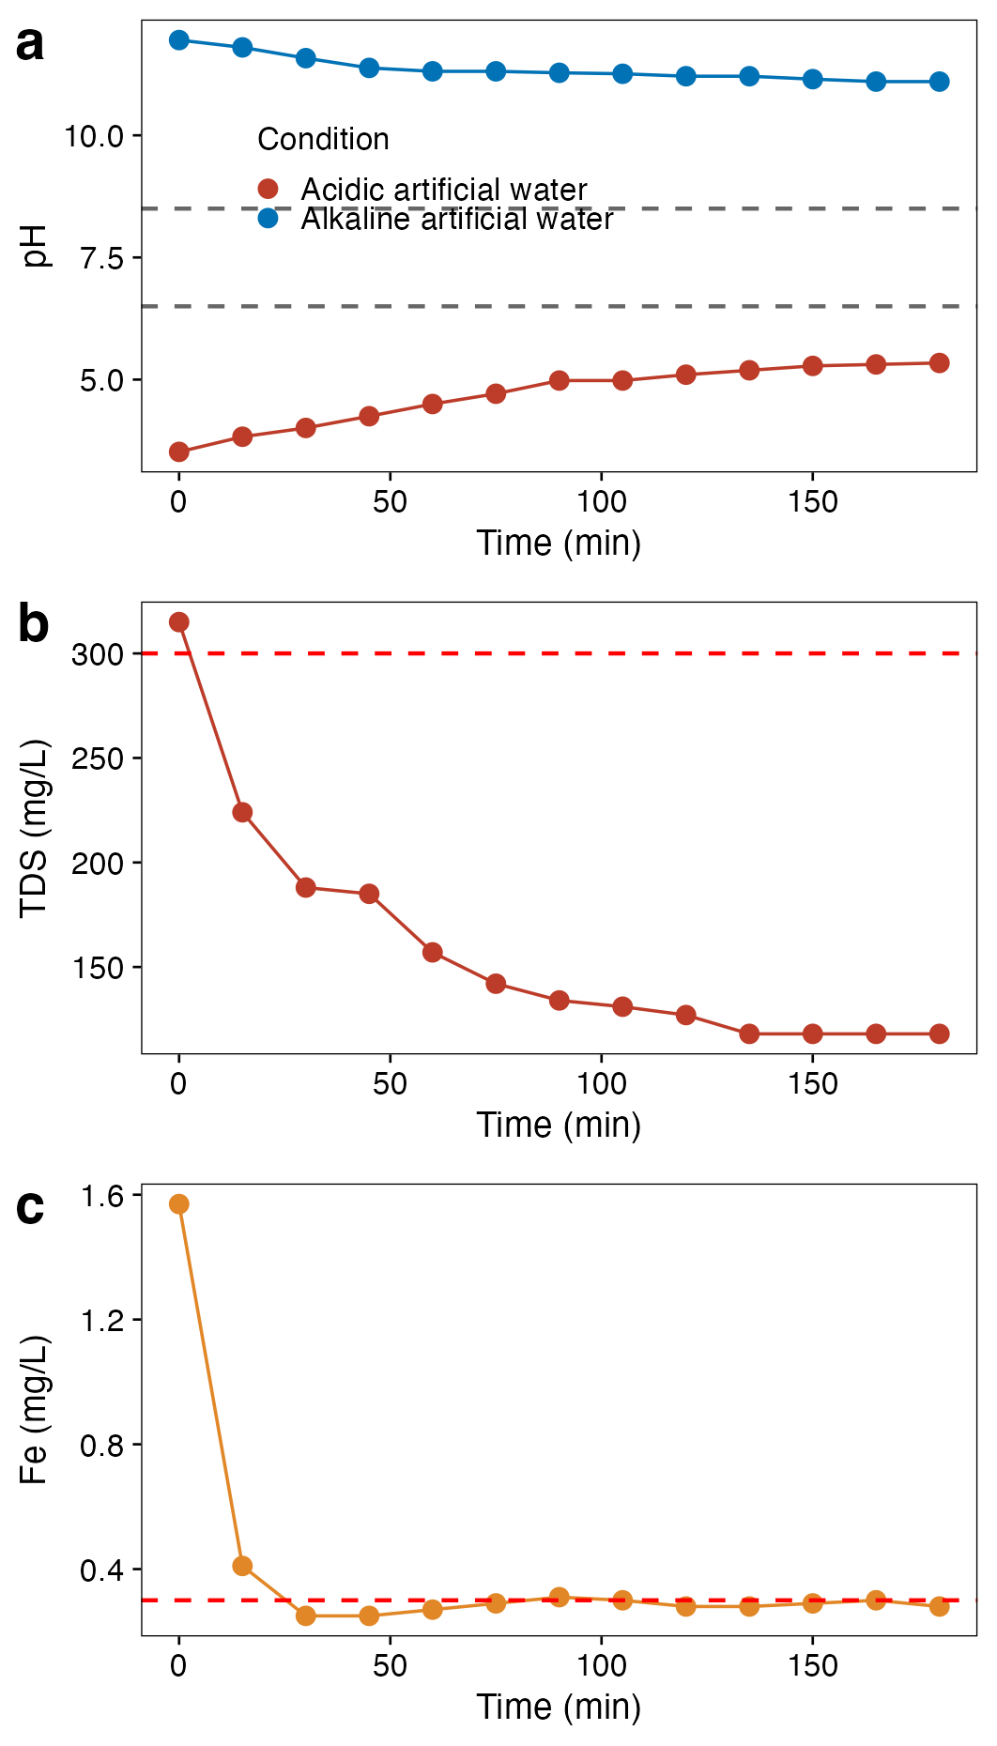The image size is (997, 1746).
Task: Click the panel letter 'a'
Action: (30, 44)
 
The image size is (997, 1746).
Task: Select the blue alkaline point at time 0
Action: (178, 40)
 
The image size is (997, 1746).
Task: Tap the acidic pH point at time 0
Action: (178, 452)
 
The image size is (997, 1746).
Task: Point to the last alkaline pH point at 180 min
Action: (939, 82)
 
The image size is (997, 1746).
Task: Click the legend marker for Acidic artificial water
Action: (268, 189)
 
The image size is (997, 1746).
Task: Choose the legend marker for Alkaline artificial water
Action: (268, 219)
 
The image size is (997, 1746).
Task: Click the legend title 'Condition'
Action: (323, 139)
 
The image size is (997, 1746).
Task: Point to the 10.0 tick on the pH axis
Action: (94, 136)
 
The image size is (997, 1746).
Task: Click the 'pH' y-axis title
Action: (35, 246)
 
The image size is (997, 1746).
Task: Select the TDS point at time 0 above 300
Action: (178, 622)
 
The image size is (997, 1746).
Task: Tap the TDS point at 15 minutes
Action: (242, 813)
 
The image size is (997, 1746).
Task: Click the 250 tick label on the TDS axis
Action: (98, 758)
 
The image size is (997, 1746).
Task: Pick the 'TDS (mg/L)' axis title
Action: (35, 828)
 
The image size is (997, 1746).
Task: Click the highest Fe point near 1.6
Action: (178, 1204)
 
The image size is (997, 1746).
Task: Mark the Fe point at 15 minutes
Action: (242, 1566)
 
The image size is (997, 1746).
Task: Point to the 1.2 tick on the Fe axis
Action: (102, 1320)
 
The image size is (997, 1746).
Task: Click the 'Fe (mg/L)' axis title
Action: (35, 1410)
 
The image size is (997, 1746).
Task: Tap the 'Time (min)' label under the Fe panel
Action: (559, 1707)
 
